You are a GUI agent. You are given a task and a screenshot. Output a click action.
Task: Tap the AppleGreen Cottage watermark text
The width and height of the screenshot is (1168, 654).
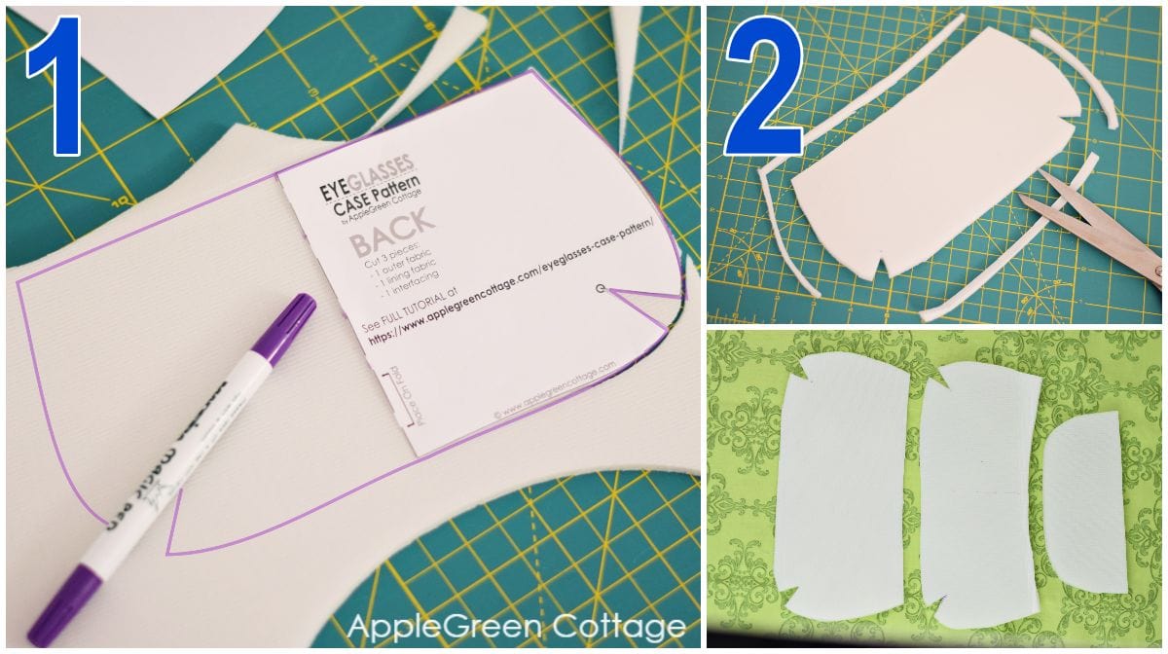[x=516, y=624]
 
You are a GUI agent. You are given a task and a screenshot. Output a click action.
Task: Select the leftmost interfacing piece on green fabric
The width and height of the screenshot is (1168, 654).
[x=841, y=486]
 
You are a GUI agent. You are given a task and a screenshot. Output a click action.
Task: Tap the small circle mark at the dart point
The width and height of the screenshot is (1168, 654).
[x=601, y=288]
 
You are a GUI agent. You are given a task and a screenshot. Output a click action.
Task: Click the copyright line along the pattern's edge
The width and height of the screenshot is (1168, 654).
[x=555, y=389]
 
